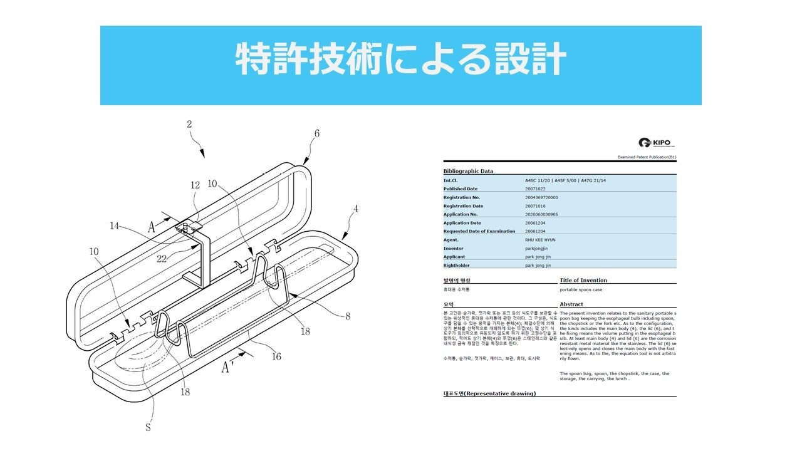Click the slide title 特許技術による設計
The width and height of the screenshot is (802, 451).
click(x=400, y=61)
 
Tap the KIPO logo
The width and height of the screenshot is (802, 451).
click(x=654, y=143)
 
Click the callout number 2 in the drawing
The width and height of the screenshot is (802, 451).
click(x=189, y=124)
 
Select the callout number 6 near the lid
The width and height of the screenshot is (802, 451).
click(x=317, y=133)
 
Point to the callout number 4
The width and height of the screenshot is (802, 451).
click(x=355, y=209)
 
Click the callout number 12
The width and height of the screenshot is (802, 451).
click(x=195, y=185)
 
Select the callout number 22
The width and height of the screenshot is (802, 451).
click(x=162, y=257)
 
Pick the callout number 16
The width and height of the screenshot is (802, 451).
click(x=276, y=356)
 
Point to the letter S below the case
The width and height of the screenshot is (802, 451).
click(x=148, y=427)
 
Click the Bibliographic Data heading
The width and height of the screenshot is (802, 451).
click(x=468, y=171)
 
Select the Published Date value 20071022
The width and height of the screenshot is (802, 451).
click(x=536, y=189)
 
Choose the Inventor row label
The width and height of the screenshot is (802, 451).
click(x=454, y=249)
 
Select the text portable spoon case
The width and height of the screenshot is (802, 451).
click(x=581, y=290)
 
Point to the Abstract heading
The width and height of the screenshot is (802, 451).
click(x=571, y=304)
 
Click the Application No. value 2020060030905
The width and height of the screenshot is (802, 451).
click(x=541, y=214)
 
